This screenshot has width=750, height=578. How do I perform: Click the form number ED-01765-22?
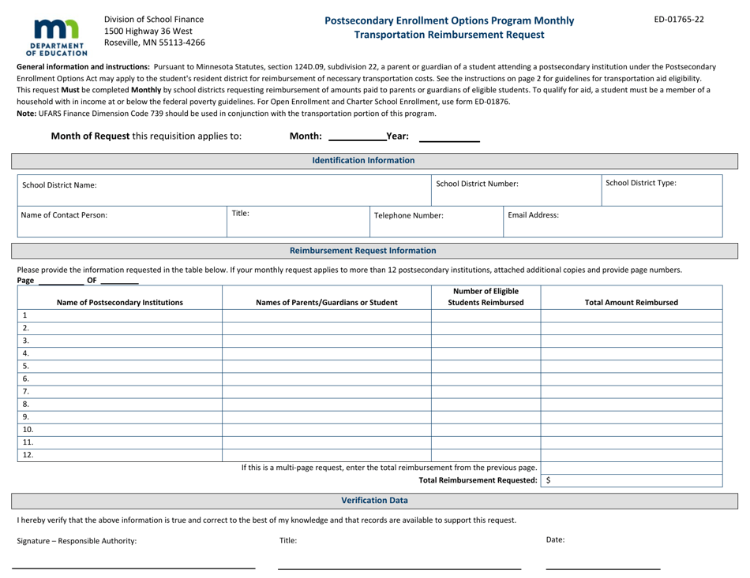pos(680,19)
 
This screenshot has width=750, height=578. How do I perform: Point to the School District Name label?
pos(58,185)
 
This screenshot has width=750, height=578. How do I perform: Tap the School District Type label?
pos(641,183)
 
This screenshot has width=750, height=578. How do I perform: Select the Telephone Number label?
pos(408,214)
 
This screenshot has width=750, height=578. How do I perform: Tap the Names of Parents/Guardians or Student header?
pos(326,301)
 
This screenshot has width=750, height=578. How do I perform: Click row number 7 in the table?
pos(26,391)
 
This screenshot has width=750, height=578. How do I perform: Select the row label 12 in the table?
pos(28,454)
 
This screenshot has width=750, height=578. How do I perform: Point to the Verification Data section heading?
pos(374,500)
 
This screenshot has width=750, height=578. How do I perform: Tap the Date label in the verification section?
pos(554,539)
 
